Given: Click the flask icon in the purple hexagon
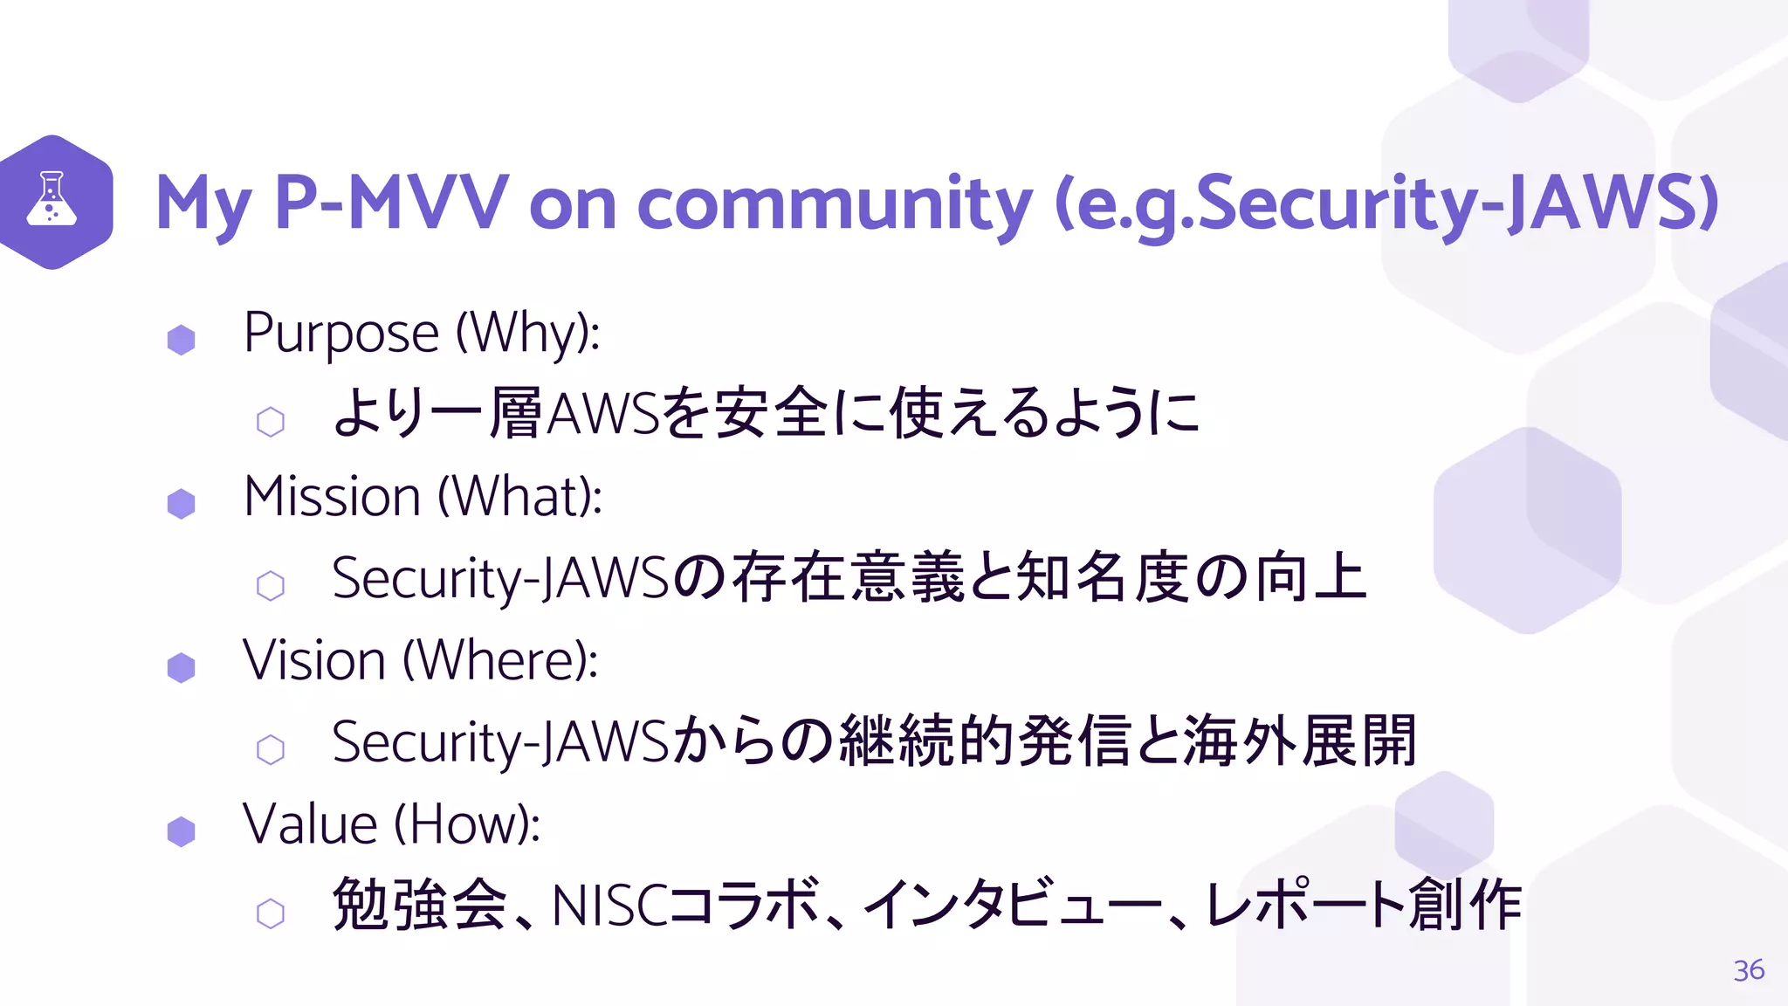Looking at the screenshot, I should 52,199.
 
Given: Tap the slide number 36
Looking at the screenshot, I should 1749,970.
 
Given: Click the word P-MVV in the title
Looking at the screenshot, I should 390,203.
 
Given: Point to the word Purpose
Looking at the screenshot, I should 340,334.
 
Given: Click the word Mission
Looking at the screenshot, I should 333,497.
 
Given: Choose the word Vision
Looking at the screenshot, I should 314,660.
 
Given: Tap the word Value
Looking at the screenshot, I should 310,823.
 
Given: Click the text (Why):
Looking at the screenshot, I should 528,334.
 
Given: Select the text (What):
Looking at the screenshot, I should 519,497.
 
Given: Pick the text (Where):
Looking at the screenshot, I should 500,660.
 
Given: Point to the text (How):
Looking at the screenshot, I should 466,823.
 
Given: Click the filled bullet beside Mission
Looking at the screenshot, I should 181,504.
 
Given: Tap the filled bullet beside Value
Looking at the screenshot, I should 181,831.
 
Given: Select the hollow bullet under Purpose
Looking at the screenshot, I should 271,422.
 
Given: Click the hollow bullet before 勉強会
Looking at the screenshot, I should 271,913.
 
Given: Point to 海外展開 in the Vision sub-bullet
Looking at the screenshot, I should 1300,741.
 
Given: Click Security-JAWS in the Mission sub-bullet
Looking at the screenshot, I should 500,578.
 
